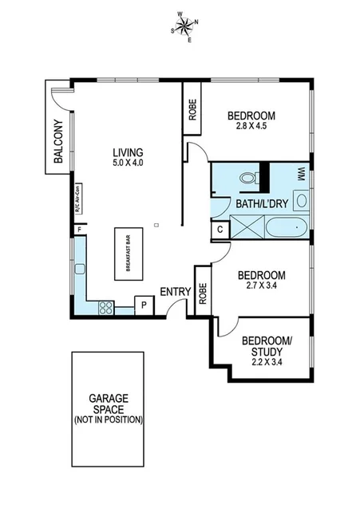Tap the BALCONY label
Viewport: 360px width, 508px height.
[x=57, y=141]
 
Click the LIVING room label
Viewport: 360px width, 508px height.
[x=128, y=152]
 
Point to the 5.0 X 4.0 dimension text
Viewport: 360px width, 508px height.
[x=128, y=163]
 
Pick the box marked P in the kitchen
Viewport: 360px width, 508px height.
[x=144, y=305]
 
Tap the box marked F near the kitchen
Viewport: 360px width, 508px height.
[x=79, y=230]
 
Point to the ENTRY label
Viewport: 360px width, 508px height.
[x=175, y=292]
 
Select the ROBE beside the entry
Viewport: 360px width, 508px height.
[x=203, y=295]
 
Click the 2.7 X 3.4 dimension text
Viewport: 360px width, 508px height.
[x=262, y=286]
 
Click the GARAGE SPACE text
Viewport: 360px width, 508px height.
[x=108, y=401]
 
